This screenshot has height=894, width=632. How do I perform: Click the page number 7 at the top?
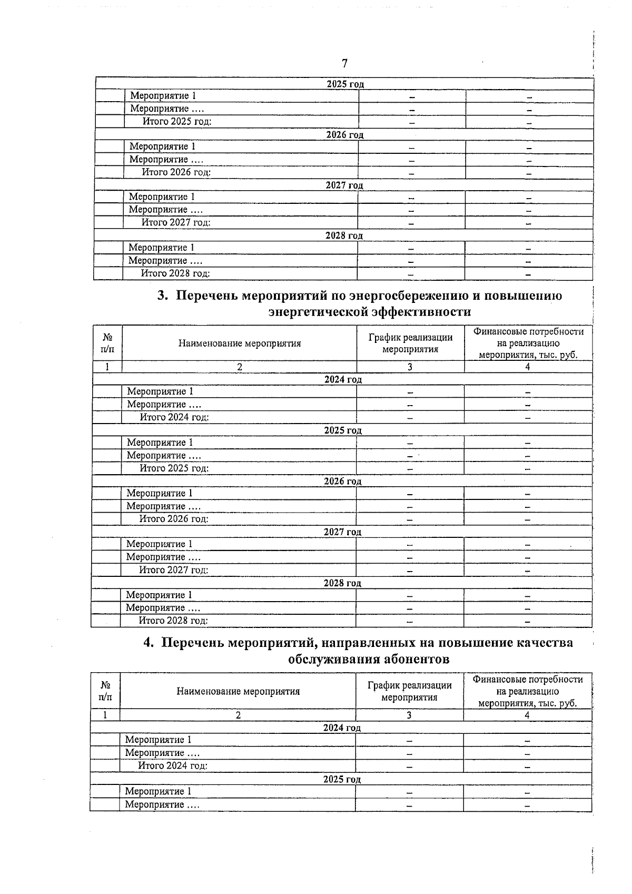pos(344,64)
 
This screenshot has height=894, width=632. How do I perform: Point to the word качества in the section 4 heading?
pos(540,643)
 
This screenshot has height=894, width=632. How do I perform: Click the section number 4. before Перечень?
pos(149,643)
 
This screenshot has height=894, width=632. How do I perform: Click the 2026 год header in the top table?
pos(344,135)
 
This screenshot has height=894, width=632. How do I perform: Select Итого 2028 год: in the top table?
pos(175,273)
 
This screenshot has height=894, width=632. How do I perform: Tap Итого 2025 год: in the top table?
pos(177,122)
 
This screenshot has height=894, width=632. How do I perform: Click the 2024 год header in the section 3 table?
pos(343,379)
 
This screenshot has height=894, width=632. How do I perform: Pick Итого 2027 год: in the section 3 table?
pos(173,569)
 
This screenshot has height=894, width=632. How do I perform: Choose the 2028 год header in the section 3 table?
pos(342,583)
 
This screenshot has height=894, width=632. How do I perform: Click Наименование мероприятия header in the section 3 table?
pos(239,343)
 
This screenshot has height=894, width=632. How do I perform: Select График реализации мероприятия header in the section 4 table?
pos(409,691)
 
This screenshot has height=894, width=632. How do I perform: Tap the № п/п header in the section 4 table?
pos(105,691)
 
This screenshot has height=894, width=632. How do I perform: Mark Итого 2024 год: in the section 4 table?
pos(172,765)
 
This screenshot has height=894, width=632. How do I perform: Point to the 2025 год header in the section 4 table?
pos(342,779)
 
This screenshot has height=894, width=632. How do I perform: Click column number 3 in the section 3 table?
pos(410,367)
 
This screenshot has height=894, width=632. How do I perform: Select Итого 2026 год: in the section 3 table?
pos(173,519)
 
